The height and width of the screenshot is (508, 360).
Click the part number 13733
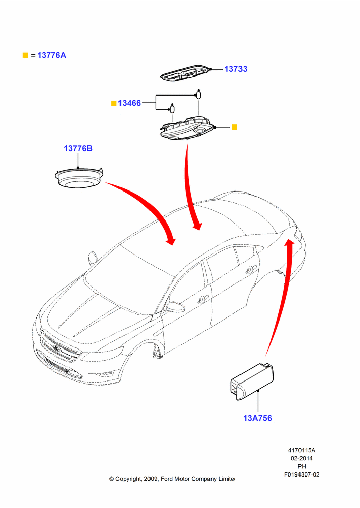pyautogui.click(x=236, y=69)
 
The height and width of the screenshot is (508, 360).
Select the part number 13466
pyautogui.click(x=129, y=103)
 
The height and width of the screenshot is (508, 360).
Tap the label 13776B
pyautogui.click(x=78, y=148)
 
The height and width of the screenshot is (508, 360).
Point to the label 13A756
pyautogui.click(x=257, y=418)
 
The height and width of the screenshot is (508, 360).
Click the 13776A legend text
pyautogui.click(x=51, y=55)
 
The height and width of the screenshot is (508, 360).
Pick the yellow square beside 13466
pyautogui.click(x=114, y=103)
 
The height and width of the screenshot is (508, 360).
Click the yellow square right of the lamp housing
pyautogui.click(x=235, y=127)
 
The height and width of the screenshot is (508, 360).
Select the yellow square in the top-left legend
pyautogui.click(x=25, y=55)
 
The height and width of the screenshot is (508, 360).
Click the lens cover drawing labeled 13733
pyautogui.click(x=186, y=72)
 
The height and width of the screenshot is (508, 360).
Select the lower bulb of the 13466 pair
pyautogui.click(x=172, y=108)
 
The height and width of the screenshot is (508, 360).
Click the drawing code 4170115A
pyautogui.click(x=302, y=450)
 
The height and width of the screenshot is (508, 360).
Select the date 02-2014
pyautogui.click(x=302, y=458)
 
